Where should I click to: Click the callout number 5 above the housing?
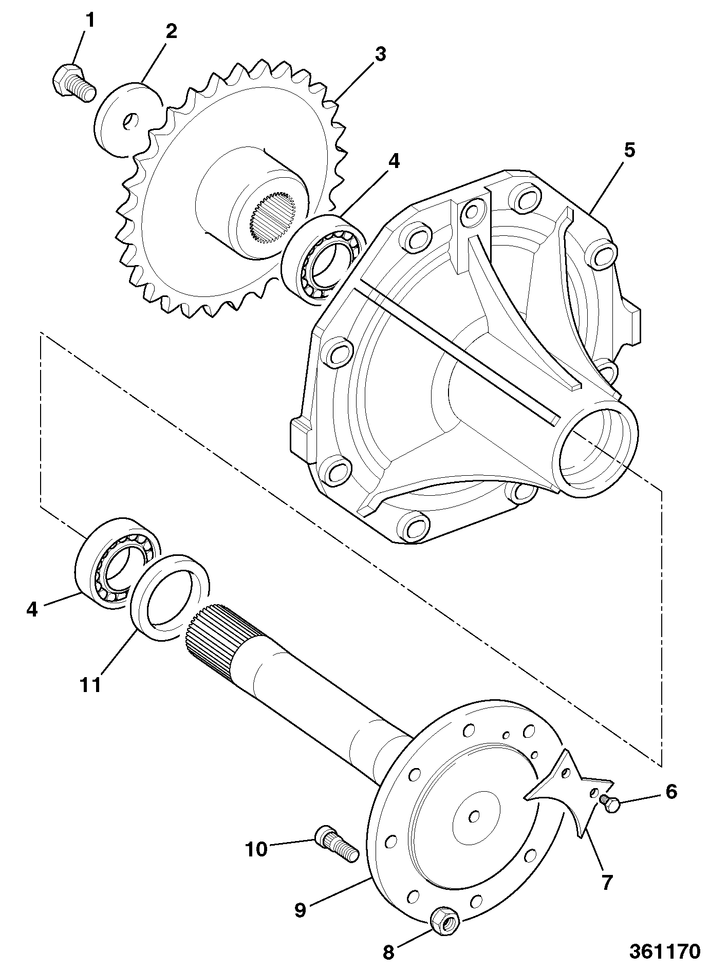point(629,151)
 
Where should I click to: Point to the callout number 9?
point(301,909)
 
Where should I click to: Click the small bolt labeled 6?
point(610,804)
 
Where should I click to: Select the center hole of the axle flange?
point(475,816)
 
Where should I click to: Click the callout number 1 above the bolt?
point(90,21)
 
